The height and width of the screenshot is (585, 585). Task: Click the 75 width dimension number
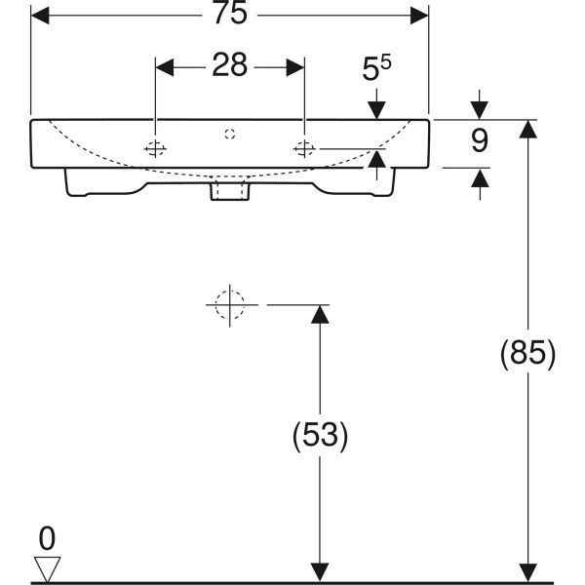point(230,13)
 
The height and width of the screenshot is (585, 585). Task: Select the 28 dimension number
point(229,65)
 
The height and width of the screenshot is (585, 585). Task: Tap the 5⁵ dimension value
point(376,67)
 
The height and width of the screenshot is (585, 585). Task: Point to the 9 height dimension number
point(480,140)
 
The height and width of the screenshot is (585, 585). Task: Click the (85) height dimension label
point(527,353)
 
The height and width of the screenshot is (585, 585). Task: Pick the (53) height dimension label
point(320,435)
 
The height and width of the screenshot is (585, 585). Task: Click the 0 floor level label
point(47,538)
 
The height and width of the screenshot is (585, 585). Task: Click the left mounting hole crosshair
point(155,149)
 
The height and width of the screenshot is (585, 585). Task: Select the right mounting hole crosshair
point(304,149)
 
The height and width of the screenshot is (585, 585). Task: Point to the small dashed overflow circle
point(230,134)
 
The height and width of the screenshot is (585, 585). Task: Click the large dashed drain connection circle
point(230,305)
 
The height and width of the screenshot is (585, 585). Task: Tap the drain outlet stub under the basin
point(230,190)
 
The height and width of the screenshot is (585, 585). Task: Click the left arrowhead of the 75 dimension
point(40,16)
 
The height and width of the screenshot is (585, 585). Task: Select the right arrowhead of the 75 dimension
point(419,16)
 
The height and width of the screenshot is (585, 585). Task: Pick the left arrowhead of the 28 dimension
point(165,67)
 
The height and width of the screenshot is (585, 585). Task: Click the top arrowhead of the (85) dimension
point(527,129)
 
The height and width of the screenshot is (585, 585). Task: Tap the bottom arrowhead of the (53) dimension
point(320,572)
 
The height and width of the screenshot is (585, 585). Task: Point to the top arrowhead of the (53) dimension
point(320,315)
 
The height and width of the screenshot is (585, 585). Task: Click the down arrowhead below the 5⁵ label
point(376,110)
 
